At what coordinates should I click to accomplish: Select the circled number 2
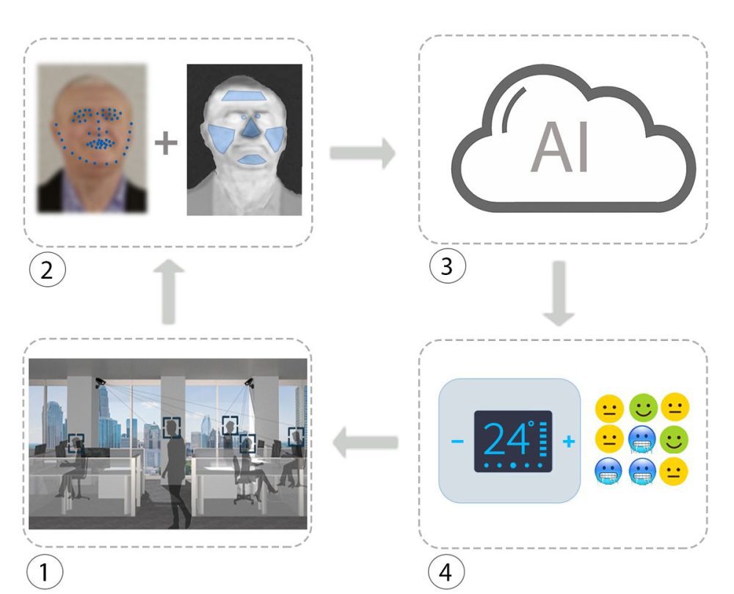tap(46, 270)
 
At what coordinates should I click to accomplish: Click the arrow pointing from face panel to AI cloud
tap(363, 154)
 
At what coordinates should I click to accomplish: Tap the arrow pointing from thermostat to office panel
tap(365, 443)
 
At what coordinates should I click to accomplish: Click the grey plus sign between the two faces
tap(167, 144)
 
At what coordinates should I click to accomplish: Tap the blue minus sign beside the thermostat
tap(457, 441)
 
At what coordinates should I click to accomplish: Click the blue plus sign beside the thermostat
tap(568, 441)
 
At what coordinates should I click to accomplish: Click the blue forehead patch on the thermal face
tap(246, 95)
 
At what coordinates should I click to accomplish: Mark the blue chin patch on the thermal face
tap(250, 159)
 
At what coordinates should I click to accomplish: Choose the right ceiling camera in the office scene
tap(250, 381)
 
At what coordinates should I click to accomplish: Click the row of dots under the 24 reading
tap(511, 465)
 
